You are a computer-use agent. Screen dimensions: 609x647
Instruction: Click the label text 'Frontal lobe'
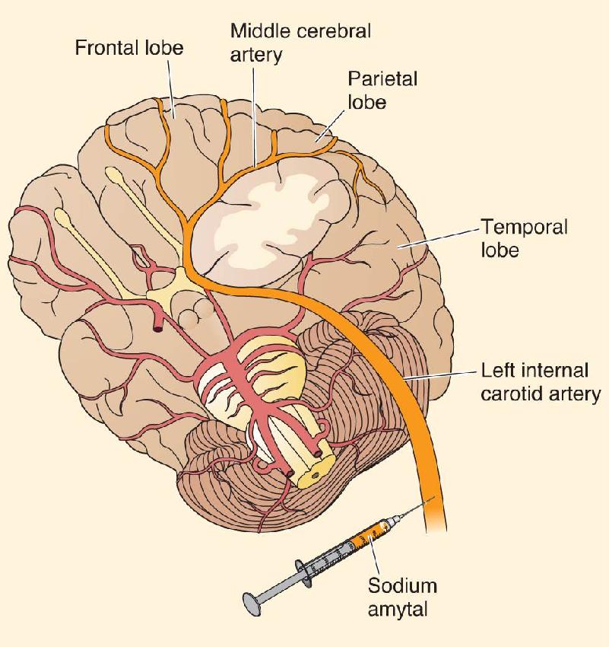click(129, 47)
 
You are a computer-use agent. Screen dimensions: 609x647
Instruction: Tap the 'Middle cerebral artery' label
click(300, 43)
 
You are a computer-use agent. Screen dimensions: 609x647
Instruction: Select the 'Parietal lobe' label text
click(382, 90)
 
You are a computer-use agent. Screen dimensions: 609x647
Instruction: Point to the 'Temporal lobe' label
click(524, 238)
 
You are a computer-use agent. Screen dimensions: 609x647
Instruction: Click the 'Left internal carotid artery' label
click(540, 381)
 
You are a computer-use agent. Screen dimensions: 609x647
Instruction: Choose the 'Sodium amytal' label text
click(401, 597)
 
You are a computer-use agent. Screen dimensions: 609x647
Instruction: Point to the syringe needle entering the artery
click(415, 507)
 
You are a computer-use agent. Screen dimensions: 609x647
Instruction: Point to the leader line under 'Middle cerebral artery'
click(254, 116)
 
